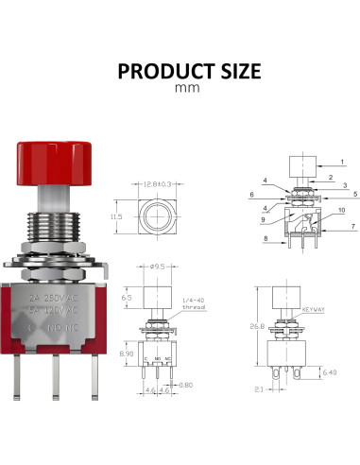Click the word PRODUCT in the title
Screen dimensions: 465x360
tap(156, 72)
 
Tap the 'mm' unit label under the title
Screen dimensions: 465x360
tap(180, 89)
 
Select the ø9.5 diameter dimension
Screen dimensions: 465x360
tap(159, 266)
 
